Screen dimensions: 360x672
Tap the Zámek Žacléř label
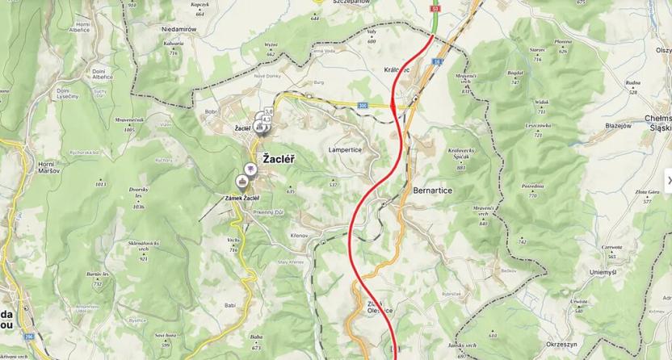242,198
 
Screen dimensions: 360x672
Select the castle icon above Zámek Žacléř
242,181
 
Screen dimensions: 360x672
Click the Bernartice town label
432,191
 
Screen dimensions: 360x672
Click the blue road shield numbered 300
363,105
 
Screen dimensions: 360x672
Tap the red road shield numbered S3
436,7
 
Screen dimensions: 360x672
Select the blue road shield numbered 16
435,61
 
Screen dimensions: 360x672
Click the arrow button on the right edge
667,180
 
